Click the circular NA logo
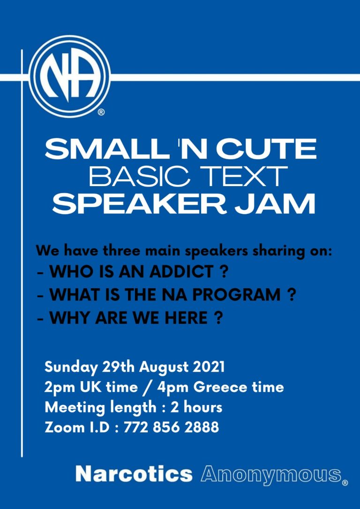[70, 76]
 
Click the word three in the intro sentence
[116, 252]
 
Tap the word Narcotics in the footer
[134, 474]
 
